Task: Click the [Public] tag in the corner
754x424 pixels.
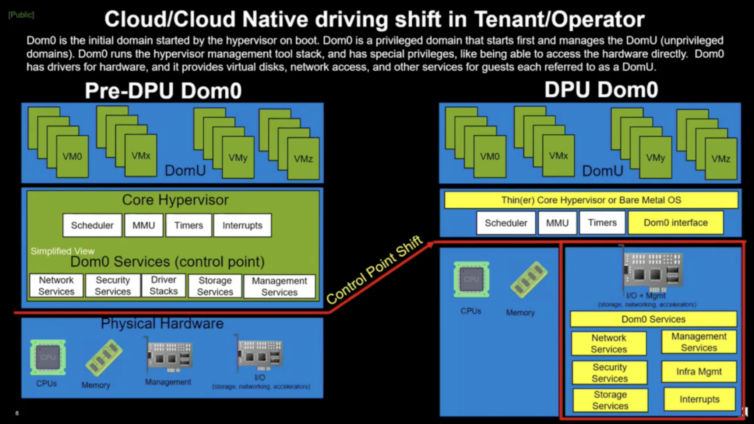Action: click(x=21, y=15)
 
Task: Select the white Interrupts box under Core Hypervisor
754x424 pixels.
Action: click(x=242, y=225)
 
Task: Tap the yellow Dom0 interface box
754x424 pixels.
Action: click(x=676, y=223)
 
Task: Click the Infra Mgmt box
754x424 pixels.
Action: click(x=699, y=372)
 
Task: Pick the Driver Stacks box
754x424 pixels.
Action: click(x=163, y=286)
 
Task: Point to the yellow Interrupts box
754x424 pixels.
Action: click(x=699, y=399)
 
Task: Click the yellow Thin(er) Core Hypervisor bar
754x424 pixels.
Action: click(x=591, y=200)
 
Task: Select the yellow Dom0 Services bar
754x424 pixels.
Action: click(x=653, y=319)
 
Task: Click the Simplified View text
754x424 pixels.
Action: click(x=63, y=251)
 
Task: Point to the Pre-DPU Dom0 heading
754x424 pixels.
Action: click(x=163, y=91)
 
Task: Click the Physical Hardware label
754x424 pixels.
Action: click(x=162, y=324)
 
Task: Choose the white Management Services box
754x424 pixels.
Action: click(x=279, y=286)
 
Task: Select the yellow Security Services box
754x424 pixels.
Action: click(x=609, y=373)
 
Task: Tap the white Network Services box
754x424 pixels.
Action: click(x=56, y=286)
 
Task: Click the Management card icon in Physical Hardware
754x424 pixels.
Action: click(x=169, y=356)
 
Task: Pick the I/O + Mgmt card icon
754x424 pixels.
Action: click(x=652, y=271)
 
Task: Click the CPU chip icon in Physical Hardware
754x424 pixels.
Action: click(x=48, y=357)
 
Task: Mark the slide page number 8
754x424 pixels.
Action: click(x=17, y=413)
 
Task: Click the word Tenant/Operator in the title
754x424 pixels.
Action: click(x=559, y=20)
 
